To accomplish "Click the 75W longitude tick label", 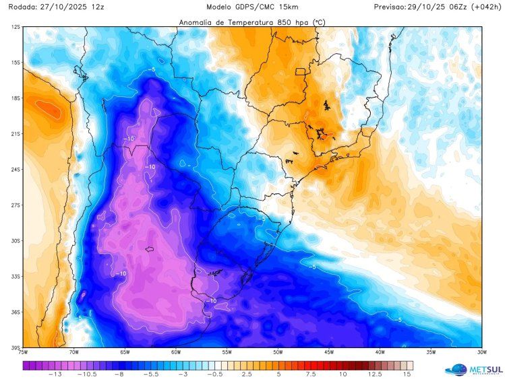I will coord(23,351).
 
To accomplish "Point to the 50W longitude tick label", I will coord(278,351).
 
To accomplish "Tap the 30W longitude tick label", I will coord(481,351).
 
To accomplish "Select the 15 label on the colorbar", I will coord(407,374).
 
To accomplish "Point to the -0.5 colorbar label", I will coord(214,374).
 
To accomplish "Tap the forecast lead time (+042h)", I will coord(485,7).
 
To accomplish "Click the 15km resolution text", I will coord(289,7).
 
